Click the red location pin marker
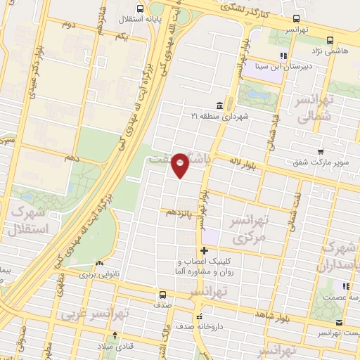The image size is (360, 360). pyautogui.click(x=181, y=165)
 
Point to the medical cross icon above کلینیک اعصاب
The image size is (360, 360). pyautogui.click(x=205, y=250)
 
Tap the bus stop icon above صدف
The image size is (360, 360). pyautogui.click(x=163, y=295)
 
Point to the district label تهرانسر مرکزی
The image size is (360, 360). pyautogui.click(x=250, y=229)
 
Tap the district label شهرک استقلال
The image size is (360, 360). pyautogui.click(x=29, y=220)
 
